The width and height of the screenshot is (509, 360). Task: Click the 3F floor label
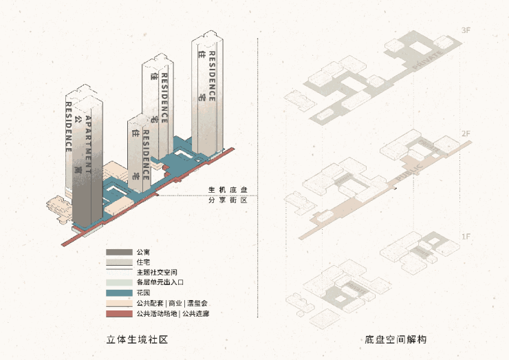pos(466,31)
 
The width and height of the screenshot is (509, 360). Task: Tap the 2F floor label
pos(466,133)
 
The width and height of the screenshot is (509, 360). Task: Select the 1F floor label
pos(466,237)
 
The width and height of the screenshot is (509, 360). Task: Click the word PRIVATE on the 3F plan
pos(429,59)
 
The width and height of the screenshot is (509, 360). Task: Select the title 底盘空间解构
pos(396,339)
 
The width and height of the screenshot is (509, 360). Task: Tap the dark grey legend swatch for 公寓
pos(119,252)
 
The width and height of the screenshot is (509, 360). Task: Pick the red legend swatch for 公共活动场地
pos(119,314)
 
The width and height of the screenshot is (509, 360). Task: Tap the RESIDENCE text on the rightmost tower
pos(213,76)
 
